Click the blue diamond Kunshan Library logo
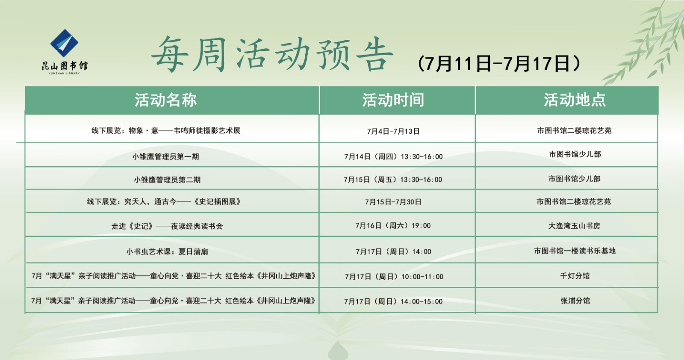point(65,44)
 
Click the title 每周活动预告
point(272,54)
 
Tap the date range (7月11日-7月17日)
point(499,64)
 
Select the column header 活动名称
point(165,100)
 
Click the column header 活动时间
point(393,100)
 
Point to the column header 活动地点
point(574,100)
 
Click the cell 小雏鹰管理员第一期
point(165,156)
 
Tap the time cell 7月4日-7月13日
point(393,131)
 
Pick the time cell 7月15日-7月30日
point(393,202)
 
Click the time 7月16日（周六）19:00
point(393,225)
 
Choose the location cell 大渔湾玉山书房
point(574,225)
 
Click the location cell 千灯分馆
point(575,276)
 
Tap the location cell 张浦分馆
point(575,301)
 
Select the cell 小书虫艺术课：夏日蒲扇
point(167,251)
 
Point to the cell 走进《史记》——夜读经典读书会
point(167,226)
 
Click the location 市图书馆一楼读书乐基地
point(575,251)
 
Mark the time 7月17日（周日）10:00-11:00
point(394,277)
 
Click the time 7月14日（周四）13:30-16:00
point(393,156)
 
